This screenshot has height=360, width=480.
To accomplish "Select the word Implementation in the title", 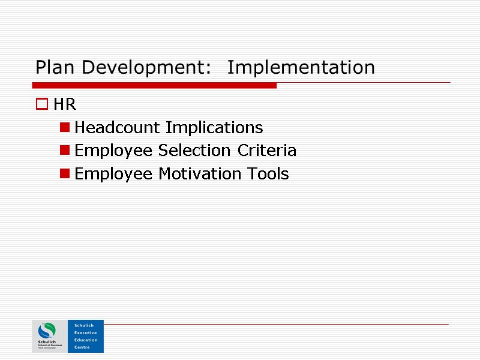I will click(301, 67).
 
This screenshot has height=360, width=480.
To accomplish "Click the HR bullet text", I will click(65, 105).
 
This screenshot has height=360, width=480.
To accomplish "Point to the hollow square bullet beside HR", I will click(41, 105).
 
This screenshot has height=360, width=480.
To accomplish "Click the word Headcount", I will click(118, 128).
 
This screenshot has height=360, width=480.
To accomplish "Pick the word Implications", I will click(214, 128).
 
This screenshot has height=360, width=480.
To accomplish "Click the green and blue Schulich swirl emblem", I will click(47, 331).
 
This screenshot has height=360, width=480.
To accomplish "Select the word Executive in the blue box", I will click(85, 332).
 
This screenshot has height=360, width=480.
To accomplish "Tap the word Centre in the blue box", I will click(82, 347).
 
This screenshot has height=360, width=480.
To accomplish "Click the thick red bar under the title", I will click(155, 86).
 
